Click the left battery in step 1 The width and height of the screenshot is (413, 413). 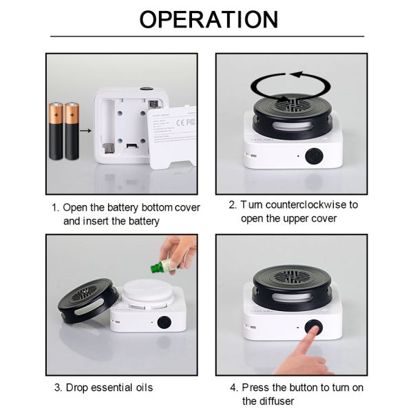(56, 131)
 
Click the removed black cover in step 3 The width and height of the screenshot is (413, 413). (86, 303)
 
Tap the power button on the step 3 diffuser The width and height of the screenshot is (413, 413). (164, 321)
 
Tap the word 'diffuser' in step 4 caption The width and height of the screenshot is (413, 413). (279, 401)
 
